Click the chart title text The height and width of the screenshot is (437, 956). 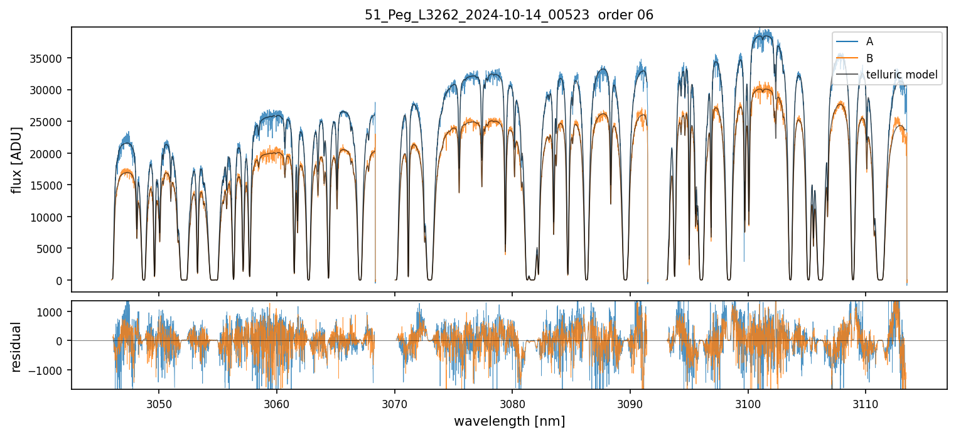509,15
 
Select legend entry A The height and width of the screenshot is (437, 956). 869,41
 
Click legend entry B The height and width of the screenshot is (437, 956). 869,58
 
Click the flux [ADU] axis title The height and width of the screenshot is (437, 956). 16,159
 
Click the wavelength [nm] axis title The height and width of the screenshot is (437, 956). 509,421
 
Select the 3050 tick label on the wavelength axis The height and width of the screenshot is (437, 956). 158,402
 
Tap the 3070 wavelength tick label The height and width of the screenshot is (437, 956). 394,402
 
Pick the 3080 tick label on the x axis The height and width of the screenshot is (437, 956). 512,402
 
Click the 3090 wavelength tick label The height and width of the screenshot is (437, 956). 630,402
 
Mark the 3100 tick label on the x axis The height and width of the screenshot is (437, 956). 748,402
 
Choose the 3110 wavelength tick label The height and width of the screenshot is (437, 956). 866,402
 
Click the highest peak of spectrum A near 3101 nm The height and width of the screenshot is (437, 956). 761,30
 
